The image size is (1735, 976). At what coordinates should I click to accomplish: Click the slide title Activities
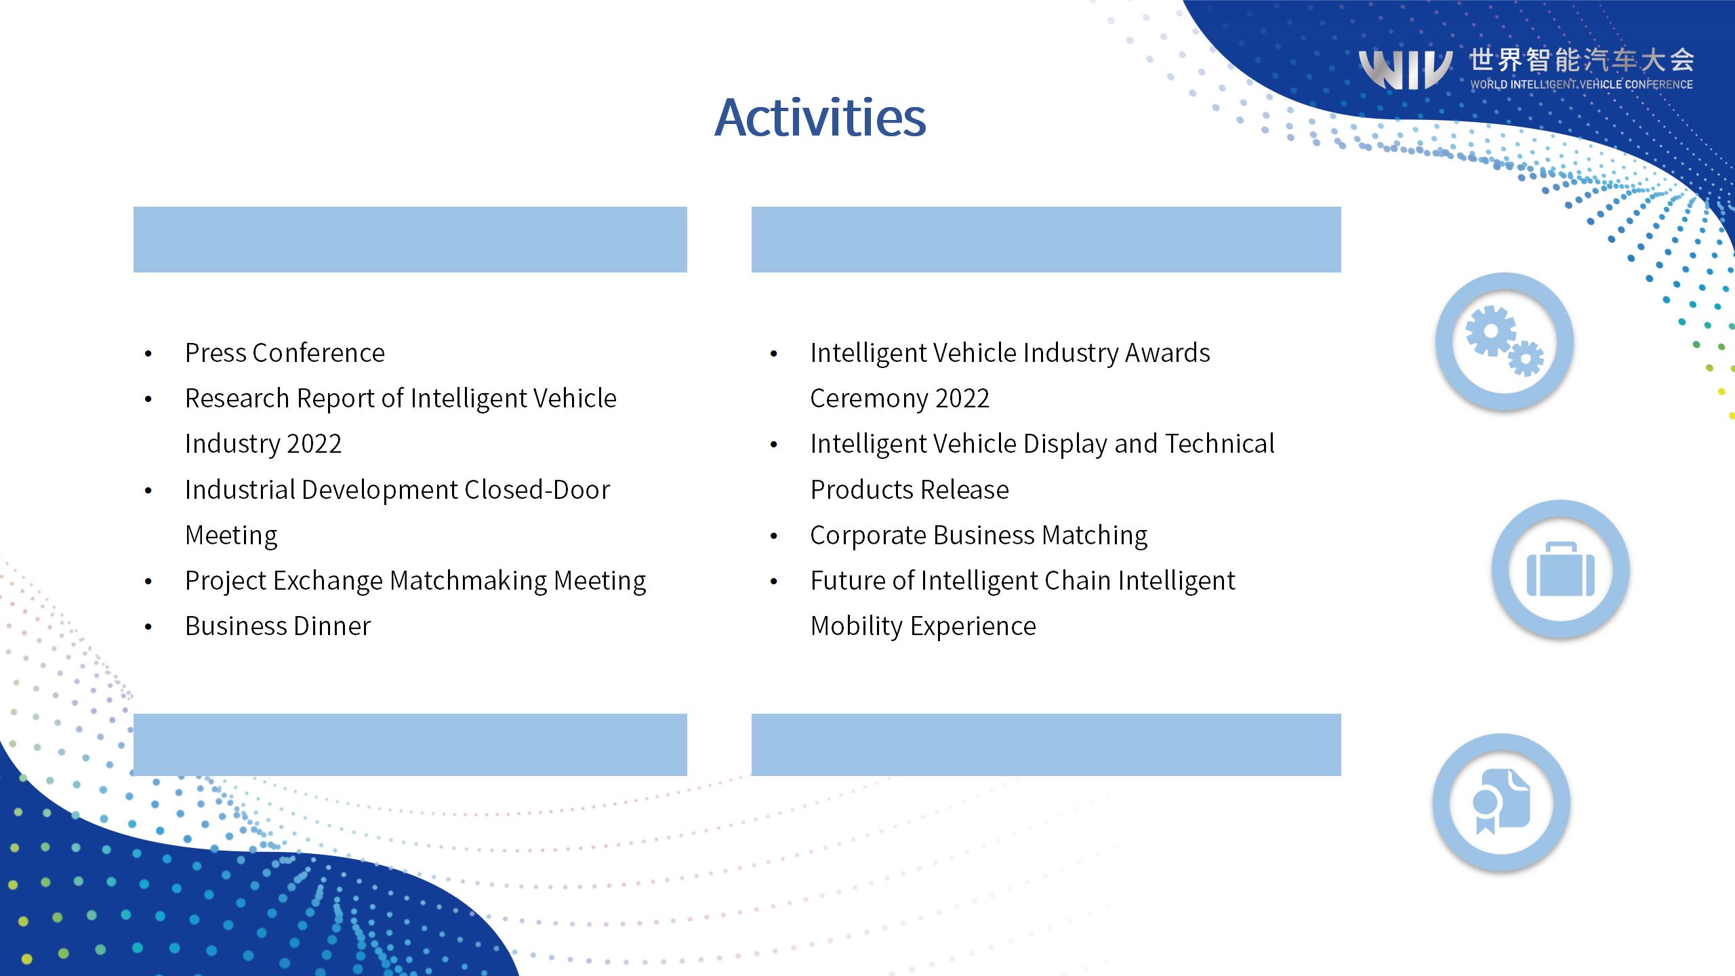(x=820, y=117)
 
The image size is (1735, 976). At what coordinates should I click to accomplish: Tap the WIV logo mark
(x=1406, y=69)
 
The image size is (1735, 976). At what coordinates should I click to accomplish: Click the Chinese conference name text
(x=1582, y=60)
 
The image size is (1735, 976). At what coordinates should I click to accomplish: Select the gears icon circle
(x=1505, y=341)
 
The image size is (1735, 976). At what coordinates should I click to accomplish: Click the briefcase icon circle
(x=1561, y=569)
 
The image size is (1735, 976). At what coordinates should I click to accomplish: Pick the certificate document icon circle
(x=1502, y=802)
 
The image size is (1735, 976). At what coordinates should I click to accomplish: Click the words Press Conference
(x=285, y=353)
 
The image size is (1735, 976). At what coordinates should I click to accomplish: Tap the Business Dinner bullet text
(x=278, y=626)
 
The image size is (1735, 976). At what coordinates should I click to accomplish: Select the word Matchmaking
(x=468, y=581)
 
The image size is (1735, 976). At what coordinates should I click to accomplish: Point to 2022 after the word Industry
(x=314, y=444)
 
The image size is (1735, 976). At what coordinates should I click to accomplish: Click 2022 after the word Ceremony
(x=962, y=399)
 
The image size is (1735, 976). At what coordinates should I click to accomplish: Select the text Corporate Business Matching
(x=979, y=535)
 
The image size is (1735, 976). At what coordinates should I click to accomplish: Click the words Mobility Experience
(x=923, y=626)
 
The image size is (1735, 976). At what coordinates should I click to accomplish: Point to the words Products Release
(x=910, y=489)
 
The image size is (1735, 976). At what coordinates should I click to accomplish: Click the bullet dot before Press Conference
(x=148, y=354)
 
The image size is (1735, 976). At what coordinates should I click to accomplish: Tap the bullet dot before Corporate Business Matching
(x=774, y=537)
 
